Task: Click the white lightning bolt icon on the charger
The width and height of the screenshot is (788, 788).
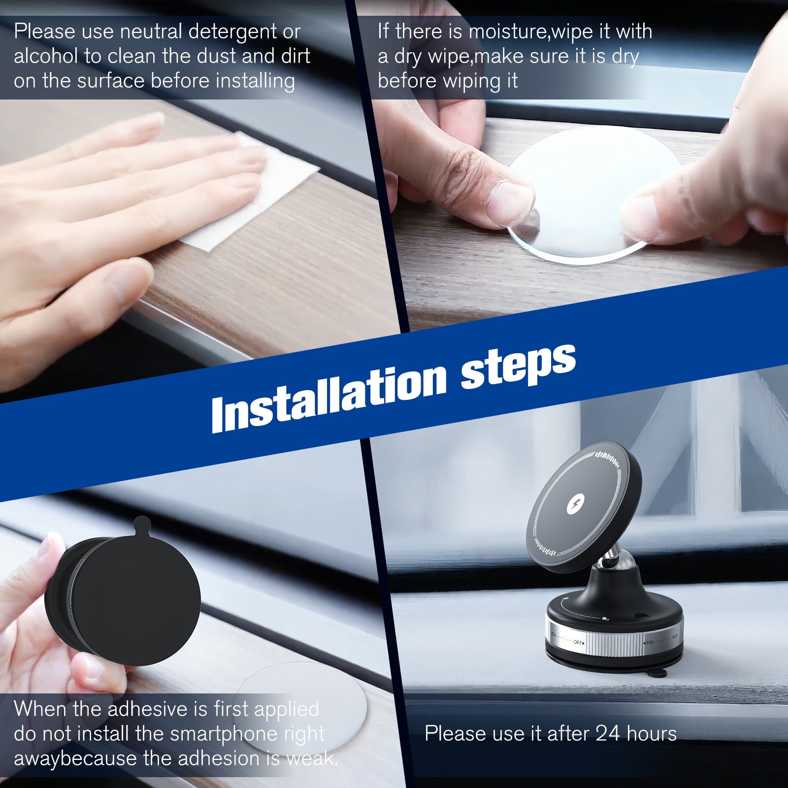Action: [574, 505]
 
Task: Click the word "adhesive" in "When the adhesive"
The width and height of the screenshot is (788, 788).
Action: [143, 709]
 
